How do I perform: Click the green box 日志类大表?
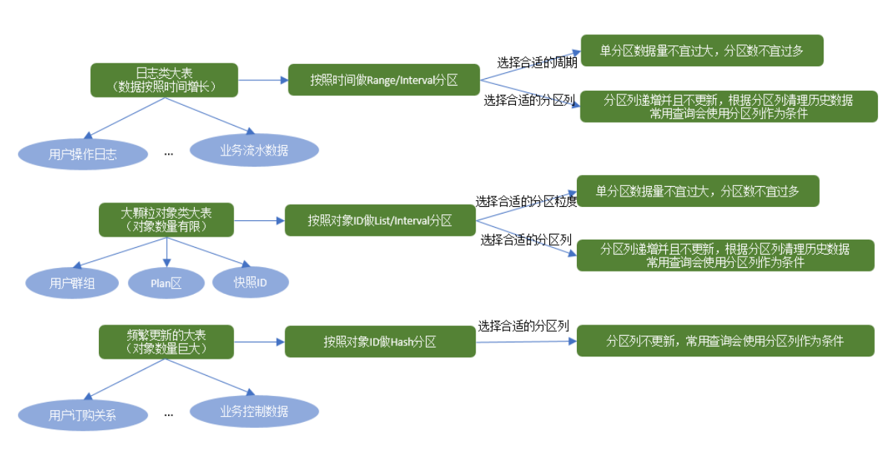coord(164,80)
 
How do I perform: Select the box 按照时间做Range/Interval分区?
coord(384,80)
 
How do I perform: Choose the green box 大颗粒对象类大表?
coord(166,220)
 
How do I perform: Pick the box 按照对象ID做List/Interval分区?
coord(380,220)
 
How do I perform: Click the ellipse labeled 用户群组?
coord(73,283)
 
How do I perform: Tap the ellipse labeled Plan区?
coord(166,283)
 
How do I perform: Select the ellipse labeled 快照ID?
coord(250,282)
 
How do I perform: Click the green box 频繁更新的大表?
coord(166,342)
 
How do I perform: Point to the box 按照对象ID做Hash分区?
coord(380,342)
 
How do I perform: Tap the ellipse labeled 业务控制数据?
coord(254,411)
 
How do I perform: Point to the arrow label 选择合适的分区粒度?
coord(526,202)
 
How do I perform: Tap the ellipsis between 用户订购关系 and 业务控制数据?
coord(169,414)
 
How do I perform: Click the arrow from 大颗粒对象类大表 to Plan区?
coord(167,253)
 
